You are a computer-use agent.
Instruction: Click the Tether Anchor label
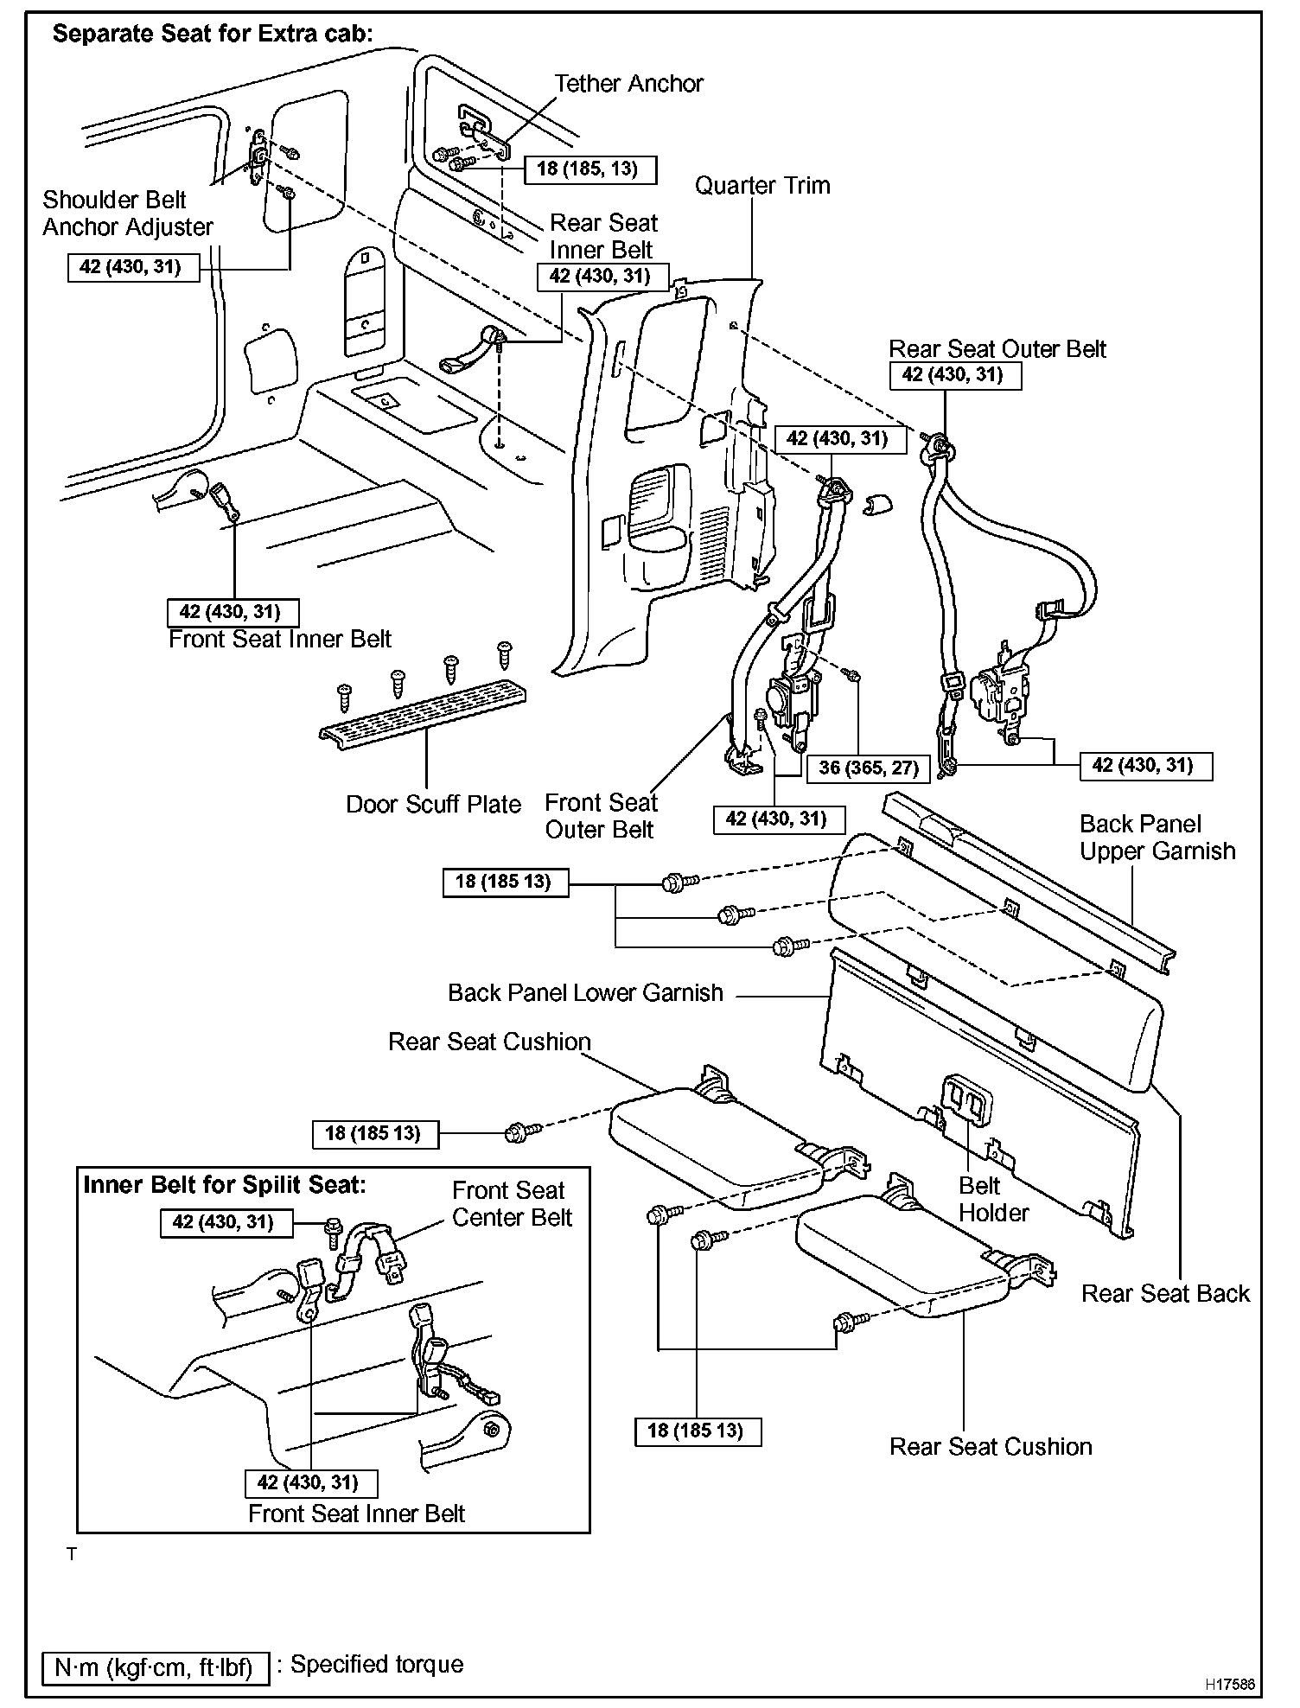[628, 84]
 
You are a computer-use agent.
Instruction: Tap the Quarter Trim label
[762, 186]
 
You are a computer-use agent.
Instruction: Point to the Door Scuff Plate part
[424, 717]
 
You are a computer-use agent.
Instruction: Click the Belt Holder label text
[993, 1199]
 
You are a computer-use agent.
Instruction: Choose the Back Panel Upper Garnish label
[1157, 838]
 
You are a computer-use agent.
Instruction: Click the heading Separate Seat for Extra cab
[213, 34]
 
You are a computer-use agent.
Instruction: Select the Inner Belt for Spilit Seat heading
[224, 1184]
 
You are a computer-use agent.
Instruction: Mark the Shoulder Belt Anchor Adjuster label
[127, 213]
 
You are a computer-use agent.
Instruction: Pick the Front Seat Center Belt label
[512, 1204]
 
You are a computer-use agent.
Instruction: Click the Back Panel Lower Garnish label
[585, 993]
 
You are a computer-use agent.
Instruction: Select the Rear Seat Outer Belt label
[997, 349]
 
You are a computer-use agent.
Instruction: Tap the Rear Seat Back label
[1165, 1294]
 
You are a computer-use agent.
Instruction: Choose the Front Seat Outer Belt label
[601, 816]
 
